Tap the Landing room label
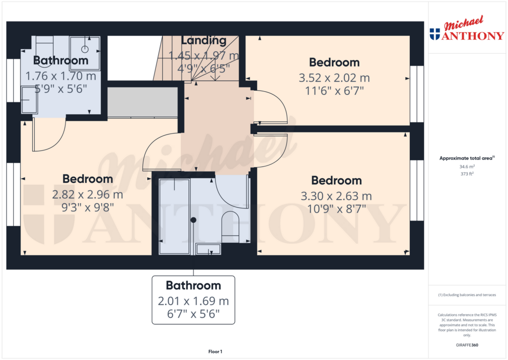pos(203,41)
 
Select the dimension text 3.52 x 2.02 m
pos(334,78)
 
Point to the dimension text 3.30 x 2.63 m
pos(336,196)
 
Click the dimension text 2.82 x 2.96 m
pos(87,195)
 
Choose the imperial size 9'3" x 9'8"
pos(87,208)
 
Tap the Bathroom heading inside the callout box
pos(193,286)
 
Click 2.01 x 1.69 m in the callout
pos(193,301)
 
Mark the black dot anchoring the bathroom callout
pos(193,219)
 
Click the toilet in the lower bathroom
pos(230,226)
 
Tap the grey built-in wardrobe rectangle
pos(142,102)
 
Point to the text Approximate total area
pos(465,158)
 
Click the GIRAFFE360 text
pos(466,345)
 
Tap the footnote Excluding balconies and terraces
pos(466,295)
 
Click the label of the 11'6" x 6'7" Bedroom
pos(334,63)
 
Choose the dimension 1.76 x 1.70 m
pos(61,76)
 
